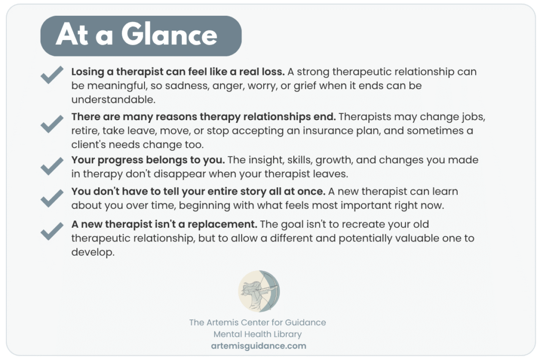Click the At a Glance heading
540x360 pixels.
point(137,35)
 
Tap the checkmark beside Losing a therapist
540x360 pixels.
point(52,75)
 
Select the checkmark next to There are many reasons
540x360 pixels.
point(52,124)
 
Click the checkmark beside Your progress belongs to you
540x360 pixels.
point(52,166)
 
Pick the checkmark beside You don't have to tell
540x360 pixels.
point(52,198)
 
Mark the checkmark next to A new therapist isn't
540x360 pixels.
point(52,231)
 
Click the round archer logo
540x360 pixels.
point(259,291)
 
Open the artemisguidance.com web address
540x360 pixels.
point(258,346)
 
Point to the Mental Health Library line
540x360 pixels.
point(257,334)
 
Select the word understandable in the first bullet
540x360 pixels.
point(113,100)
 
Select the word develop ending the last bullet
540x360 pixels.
point(93,252)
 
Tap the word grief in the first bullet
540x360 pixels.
point(305,86)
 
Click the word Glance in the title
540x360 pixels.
point(169,35)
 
